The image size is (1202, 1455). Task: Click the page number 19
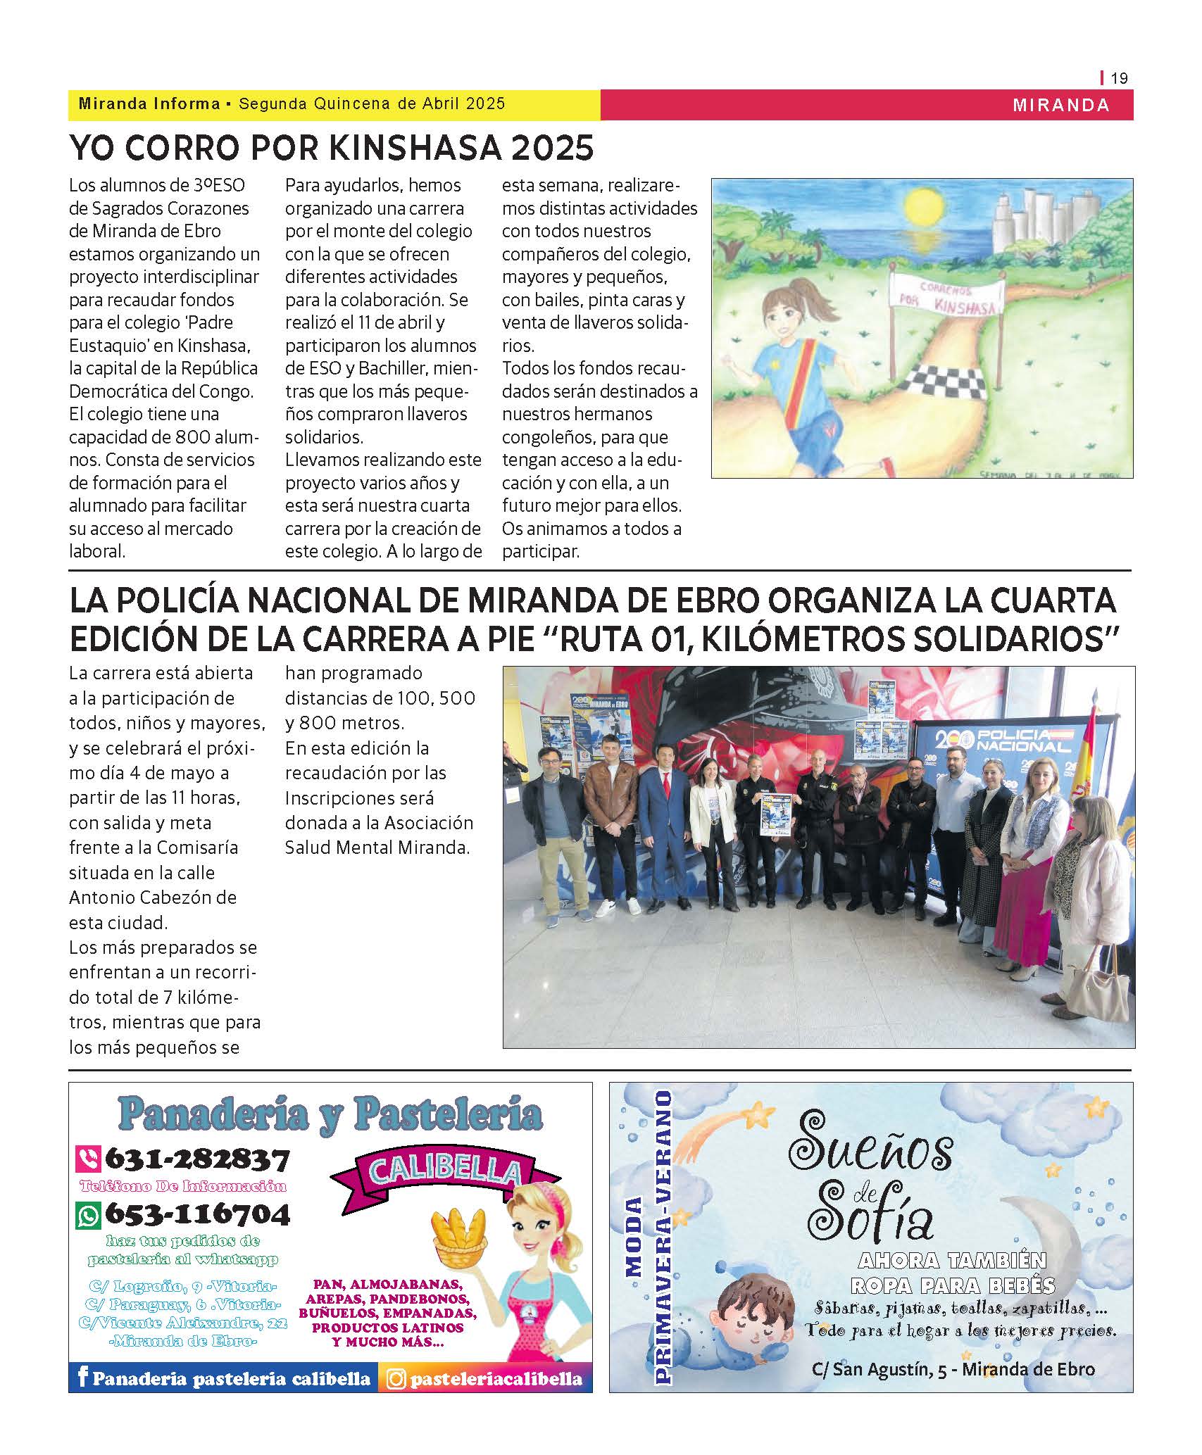tap(1119, 78)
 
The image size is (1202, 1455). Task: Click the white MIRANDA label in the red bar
tap(1060, 105)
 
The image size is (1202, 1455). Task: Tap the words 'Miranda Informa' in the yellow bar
tap(149, 104)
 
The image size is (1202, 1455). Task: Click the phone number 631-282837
tap(197, 1159)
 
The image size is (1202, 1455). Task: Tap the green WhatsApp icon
tap(89, 1214)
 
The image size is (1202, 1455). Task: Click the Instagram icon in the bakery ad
tap(397, 1378)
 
